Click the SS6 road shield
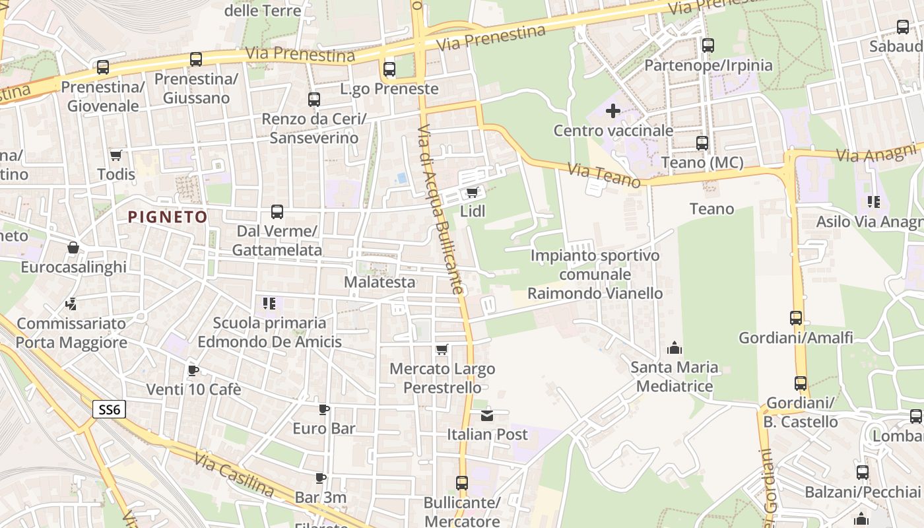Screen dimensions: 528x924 pyautogui.click(x=109, y=409)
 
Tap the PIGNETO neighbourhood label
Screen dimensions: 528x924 pyautogui.click(x=168, y=216)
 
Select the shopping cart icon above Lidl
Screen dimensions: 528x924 pyautogui.click(x=472, y=192)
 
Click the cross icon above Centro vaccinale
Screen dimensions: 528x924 pyautogui.click(x=613, y=110)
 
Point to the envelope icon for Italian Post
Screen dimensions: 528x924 pyautogui.click(x=487, y=415)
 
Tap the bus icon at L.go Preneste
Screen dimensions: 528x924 pyautogui.click(x=389, y=69)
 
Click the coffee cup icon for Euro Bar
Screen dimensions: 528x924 pyautogui.click(x=324, y=409)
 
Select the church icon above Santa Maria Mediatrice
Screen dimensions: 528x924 pyautogui.click(x=674, y=347)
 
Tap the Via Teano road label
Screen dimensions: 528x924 pyautogui.click(x=604, y=176)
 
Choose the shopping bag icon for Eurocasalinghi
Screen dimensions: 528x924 pyautogui.click(x=73, y=247)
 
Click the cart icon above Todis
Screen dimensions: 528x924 pyautogui.click(x=116, y=155)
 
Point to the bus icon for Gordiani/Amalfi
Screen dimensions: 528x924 pyautogui.click(x=796, y=318)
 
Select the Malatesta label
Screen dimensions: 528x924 pyautogui.click(x=380, y=282)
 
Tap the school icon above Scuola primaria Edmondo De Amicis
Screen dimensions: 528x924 pyautogui.click(x=269, y=304)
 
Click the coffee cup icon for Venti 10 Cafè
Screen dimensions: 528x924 pyautogui.click(x=193, y=370)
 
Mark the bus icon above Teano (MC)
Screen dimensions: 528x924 pyautogui.click(x=702, y=143)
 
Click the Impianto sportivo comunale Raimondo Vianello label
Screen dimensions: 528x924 pyautogui.click(x=595, y=274)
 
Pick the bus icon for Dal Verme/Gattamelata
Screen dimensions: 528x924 pyautogui.click(x=277, y=212)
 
